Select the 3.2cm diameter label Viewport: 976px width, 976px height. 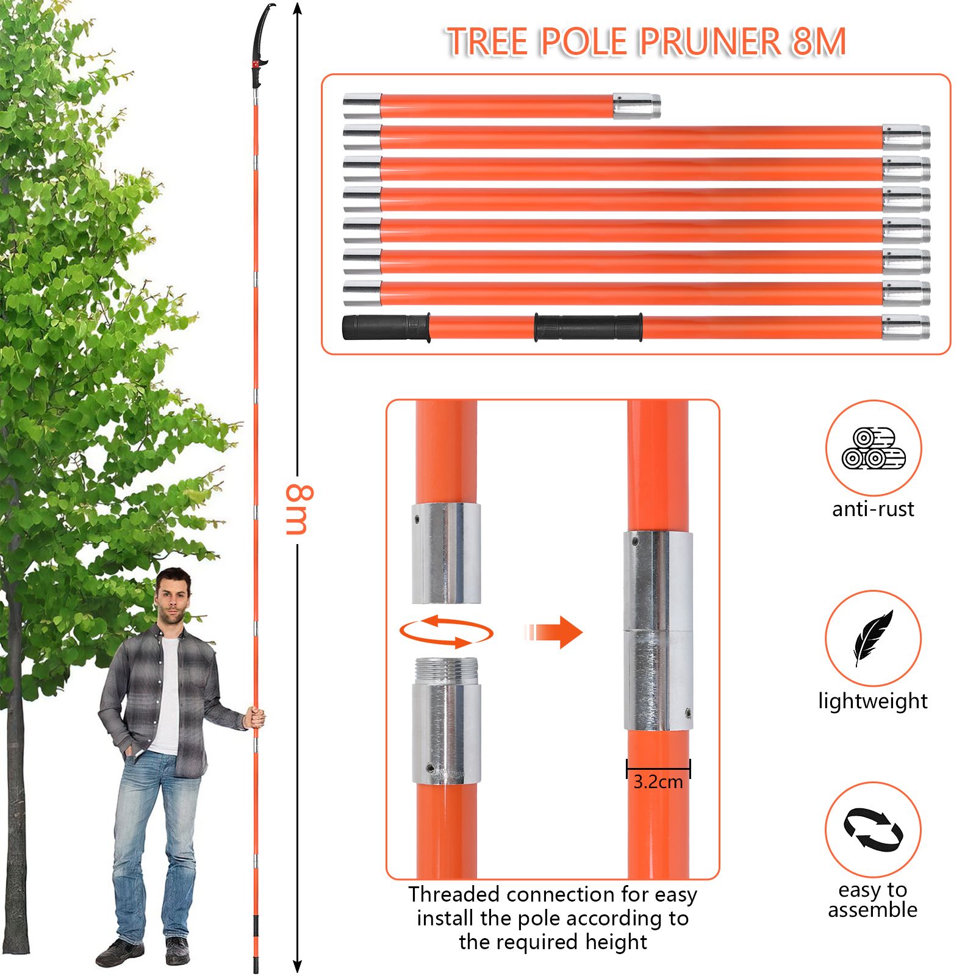click(x=658, y=781)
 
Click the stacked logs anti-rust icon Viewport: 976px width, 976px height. click(x=874, y=448)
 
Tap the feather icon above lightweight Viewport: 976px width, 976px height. click(x=873, y=637)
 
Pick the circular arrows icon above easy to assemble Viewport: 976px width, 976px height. click(x=874, y=830)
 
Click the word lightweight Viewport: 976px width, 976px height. click(x=873, y=701)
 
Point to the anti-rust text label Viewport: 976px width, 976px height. click(x=873, y=509)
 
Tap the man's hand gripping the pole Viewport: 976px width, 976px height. click(x=255, y=717)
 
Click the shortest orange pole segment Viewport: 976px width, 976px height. click(x=501, y=106)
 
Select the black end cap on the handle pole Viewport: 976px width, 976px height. click(x=386, y=328)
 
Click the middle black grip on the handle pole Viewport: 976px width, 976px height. click(x=589, y=328)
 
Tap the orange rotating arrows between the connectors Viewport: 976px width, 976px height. click(x=447, y=632)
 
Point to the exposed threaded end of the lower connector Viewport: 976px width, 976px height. click(x=446, y=671)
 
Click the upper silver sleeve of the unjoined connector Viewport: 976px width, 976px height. click(x=446, y=553)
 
